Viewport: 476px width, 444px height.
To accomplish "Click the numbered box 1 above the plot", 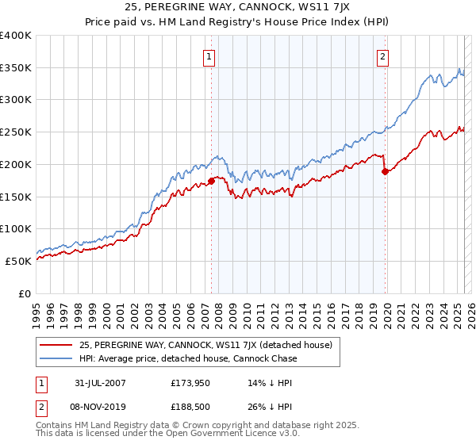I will (209, 56).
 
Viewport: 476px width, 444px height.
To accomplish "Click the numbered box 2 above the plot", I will (382, 56).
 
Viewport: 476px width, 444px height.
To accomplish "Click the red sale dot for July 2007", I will (212, 180).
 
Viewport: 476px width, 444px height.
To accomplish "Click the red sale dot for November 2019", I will (385, 170).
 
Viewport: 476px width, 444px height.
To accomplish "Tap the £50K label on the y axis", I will (18, 261).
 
